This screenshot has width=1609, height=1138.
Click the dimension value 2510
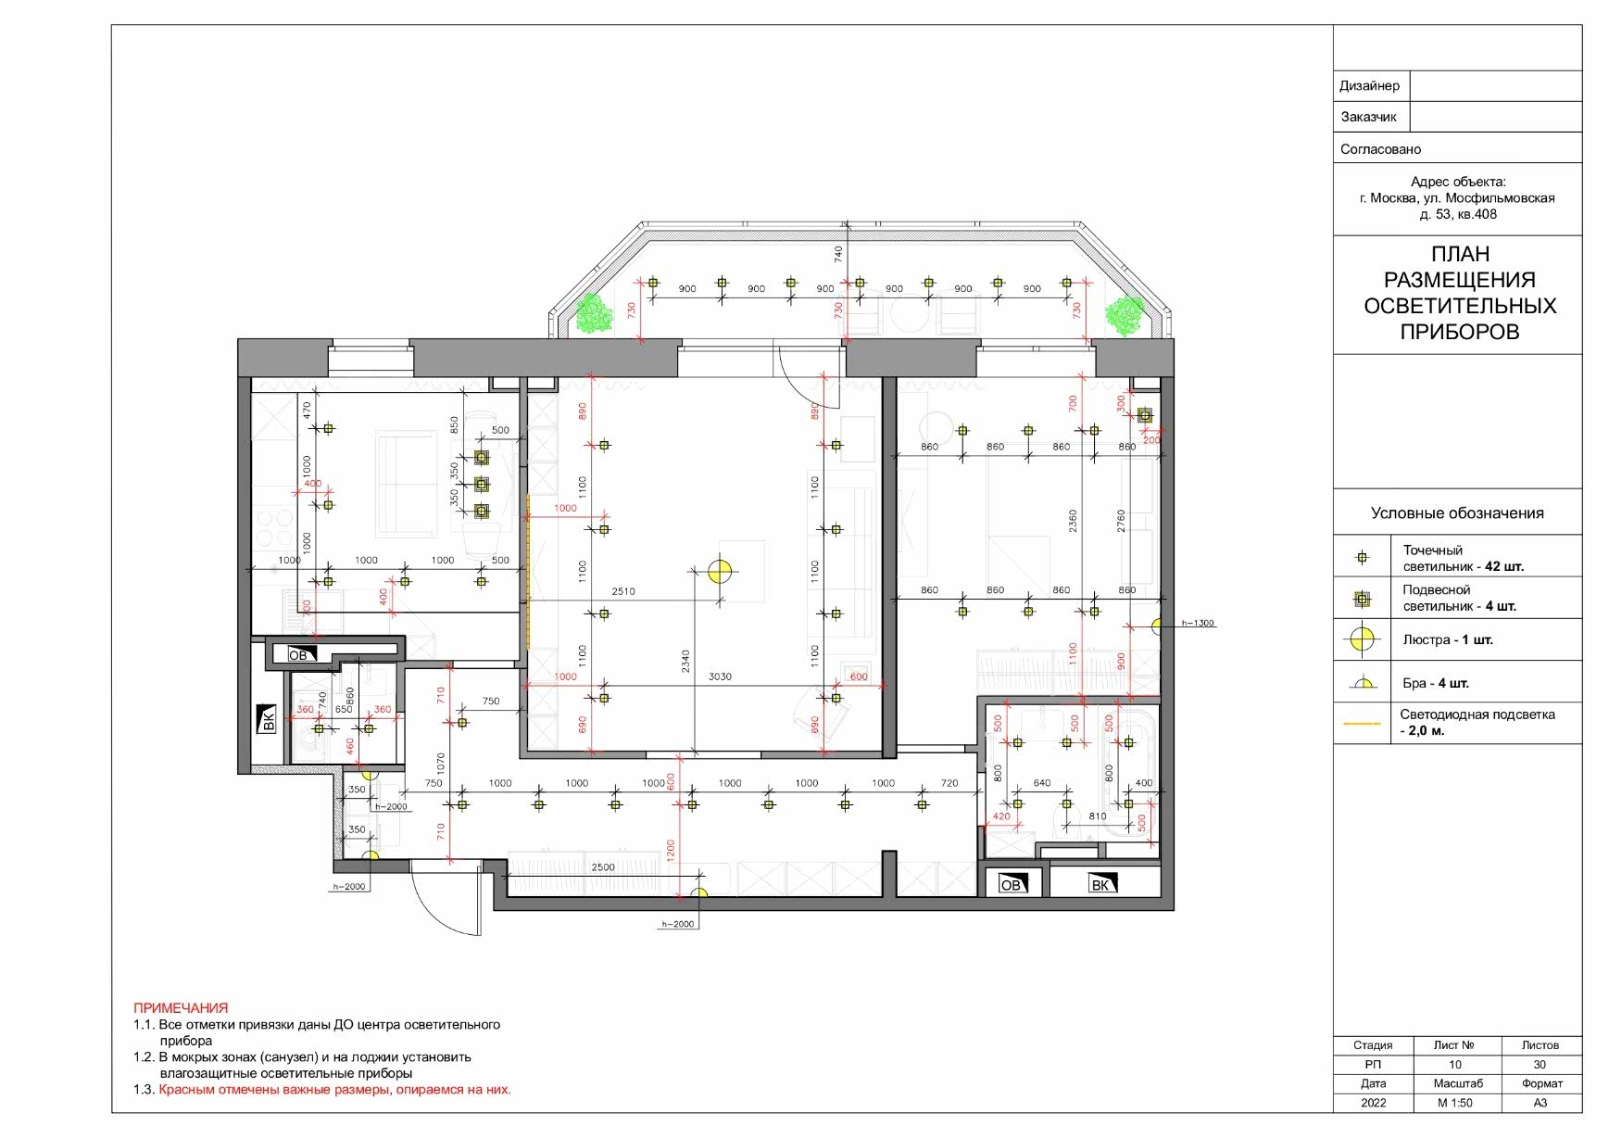tap(623, 591)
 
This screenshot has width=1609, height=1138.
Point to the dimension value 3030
tap(720, 676)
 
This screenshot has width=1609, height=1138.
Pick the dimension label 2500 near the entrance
tap(603, 867)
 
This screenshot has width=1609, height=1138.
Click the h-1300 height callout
tap(1198, 623)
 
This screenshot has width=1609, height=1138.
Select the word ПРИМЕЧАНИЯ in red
tap(181, 1007)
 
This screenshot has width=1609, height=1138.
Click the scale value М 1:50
tap(1455, 1103)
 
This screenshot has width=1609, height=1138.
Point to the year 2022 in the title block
tap(1374, 1103)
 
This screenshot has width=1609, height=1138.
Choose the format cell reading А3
tap(1540, 1103)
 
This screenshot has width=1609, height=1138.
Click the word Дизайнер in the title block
tap(1369, 86)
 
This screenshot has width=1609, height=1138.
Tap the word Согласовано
tap(1380, 149)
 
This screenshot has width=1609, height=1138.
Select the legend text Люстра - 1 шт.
tap(1448, 639)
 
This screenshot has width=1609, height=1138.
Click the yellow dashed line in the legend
tap(1362, 723)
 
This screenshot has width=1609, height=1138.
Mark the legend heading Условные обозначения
tap(1457, 513)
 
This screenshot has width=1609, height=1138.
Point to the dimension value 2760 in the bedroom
tap(1121, 521)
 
